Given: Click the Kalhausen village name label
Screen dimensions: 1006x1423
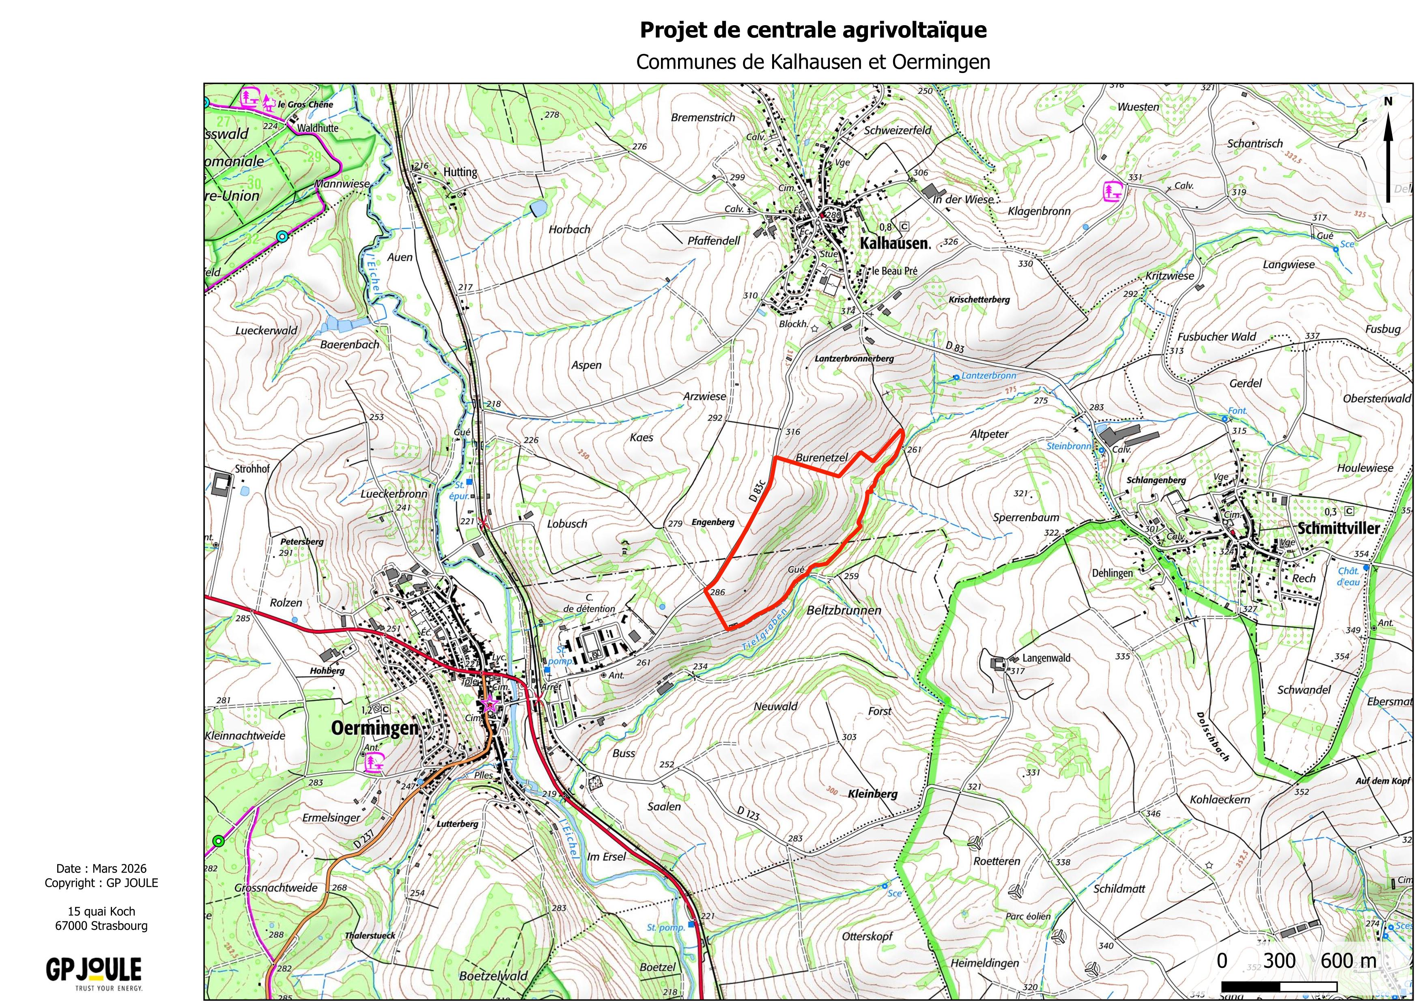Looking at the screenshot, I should [894, 243].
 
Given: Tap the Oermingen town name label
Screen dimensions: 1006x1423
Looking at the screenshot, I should [375, 727].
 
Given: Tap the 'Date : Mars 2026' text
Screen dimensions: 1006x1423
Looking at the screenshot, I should [101, 868].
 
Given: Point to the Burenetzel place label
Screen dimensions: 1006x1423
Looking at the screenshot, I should [821, 458].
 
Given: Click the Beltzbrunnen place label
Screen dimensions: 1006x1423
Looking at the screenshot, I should [844, 610].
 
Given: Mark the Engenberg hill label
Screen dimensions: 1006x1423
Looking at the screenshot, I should [713, 522].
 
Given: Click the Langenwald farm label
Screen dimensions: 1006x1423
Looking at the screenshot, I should [1046, 658].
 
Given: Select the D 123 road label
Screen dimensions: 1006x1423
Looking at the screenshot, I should [748, 813].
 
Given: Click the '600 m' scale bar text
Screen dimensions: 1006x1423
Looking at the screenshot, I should [1349, 961].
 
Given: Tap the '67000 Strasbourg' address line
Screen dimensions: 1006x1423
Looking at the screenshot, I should [101, 926].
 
